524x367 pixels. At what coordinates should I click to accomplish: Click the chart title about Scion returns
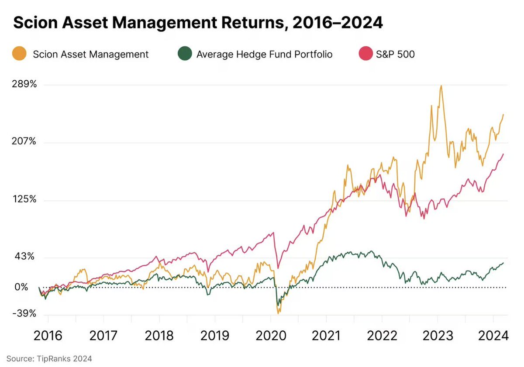point(198,23)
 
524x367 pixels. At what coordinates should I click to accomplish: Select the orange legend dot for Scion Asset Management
point(20,55)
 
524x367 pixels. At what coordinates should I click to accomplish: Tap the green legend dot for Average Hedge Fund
point(185,55)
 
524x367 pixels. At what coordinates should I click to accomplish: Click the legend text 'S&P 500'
point(395,55)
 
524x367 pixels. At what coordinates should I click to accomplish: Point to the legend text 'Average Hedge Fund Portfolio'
point(264,55)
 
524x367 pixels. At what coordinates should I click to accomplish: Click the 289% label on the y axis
point(24,84)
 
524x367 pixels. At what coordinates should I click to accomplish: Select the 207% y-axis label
point(24,142)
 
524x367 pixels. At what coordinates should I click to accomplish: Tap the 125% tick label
point(24,199)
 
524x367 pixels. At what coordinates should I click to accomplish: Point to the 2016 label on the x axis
point(48,336)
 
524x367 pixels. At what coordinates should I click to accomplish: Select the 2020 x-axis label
point(270,336)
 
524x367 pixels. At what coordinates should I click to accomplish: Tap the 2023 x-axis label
point(437,336)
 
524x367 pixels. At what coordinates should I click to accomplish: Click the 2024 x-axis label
point(493,336)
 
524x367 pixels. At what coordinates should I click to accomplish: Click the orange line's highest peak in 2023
point(441,86)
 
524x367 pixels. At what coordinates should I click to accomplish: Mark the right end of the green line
point(503,263)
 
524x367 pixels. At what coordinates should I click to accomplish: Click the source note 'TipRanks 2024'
point(49,359)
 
